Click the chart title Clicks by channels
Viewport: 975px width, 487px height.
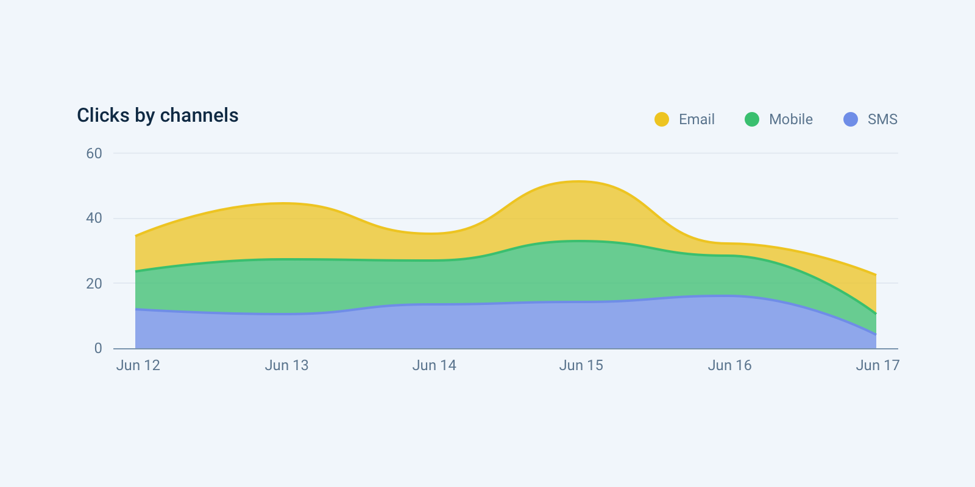[157, 115]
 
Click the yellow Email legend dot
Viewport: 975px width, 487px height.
[662, 119]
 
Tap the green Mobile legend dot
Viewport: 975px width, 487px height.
[752, 119]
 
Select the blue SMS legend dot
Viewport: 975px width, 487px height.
[851, 119]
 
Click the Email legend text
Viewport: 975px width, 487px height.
[697, 119]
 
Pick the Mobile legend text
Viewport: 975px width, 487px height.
[790, 119]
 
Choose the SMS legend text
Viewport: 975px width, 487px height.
[882, 119]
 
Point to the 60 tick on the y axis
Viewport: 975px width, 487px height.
[94, 153]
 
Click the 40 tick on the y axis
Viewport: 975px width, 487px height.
[94, 218]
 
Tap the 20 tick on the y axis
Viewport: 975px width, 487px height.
[94, 283]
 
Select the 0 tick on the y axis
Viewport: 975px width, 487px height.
[98, 348]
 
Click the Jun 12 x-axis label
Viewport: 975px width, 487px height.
[138, 365]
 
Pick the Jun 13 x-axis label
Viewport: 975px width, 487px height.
[286, 365]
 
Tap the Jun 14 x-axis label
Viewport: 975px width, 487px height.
[434, 365]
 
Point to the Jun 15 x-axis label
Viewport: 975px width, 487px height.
[581, 365]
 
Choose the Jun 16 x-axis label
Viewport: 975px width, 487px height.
[729, 365]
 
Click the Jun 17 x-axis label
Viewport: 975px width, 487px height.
[877, 365]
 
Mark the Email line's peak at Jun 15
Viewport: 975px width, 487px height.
[579, 181]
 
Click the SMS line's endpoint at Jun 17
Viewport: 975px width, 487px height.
[876, 334]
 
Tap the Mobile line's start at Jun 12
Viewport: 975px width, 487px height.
[136, 271]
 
